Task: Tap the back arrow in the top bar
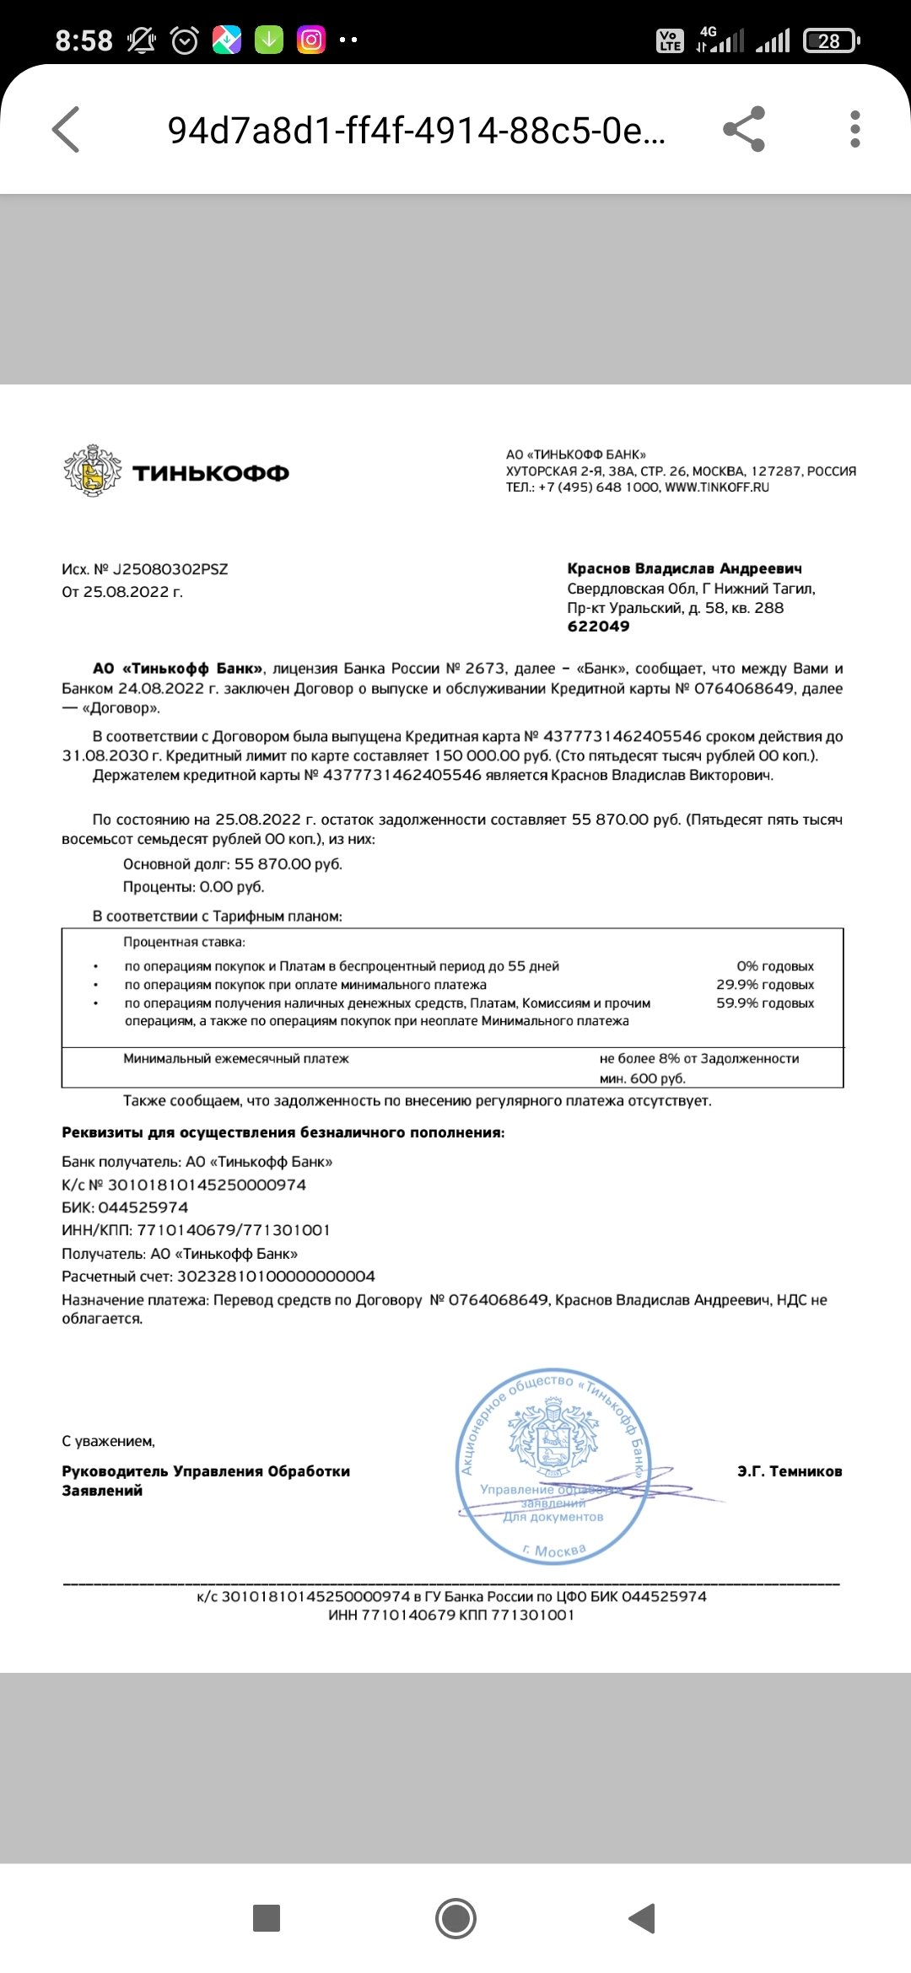coord(66,129)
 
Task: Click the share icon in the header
coord(744,129)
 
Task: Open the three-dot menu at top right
coord(854,129)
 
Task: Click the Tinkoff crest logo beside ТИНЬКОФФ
coord(91,470)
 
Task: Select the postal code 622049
coord(598,626)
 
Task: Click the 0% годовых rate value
coord(774,966)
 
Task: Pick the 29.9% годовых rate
coord(765,985)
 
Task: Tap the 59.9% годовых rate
coord(765,1003)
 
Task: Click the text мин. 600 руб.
coord(643,1078)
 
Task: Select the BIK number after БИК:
coord(143,1207)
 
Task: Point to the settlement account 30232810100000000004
coord(276,1277)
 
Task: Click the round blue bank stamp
coord(553,1467)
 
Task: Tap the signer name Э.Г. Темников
coord(790,1471)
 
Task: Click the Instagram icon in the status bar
coord(311,40)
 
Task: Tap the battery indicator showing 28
coord(831,40)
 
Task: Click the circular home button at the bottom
coord(455,1918)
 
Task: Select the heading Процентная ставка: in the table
coord(184,942)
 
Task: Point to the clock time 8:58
coord(84,40)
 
